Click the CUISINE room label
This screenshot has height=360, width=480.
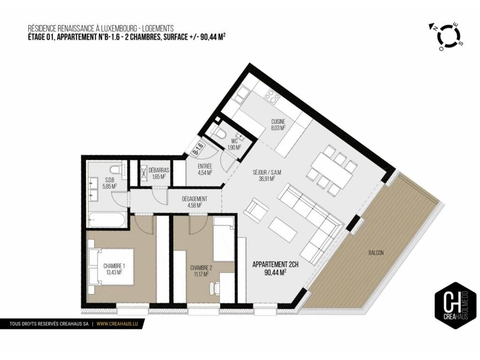278,121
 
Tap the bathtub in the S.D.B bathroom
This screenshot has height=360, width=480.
106,219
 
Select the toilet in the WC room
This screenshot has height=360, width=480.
220,133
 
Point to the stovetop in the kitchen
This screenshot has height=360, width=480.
272,96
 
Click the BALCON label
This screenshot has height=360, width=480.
376,253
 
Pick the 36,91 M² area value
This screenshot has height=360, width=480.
267,179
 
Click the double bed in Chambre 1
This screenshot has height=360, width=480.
111,267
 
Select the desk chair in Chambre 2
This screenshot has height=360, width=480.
215,288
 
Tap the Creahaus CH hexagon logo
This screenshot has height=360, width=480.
456,305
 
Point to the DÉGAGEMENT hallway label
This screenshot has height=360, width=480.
195,199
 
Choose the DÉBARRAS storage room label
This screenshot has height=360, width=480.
158,170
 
